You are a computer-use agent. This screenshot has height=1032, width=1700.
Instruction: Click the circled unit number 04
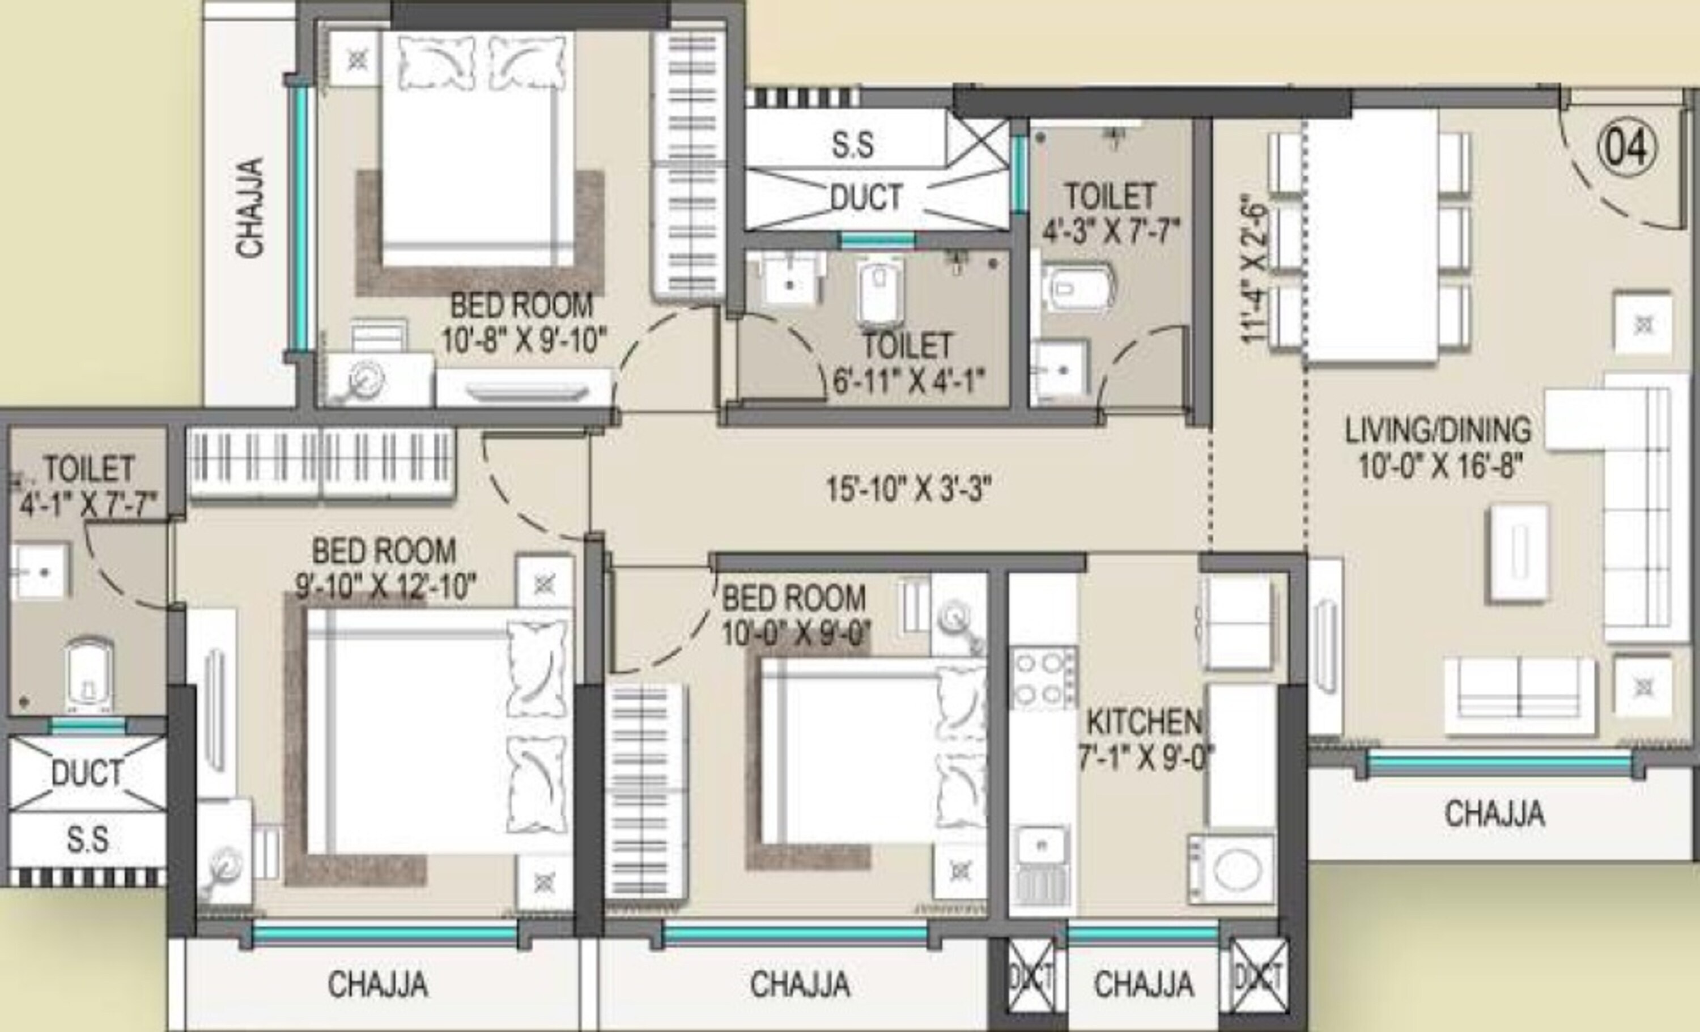1626,147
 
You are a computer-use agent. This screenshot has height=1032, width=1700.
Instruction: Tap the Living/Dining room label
1438,430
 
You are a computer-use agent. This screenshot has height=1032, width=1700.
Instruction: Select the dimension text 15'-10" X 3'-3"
908,489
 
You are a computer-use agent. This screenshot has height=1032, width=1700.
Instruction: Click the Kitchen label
1143,721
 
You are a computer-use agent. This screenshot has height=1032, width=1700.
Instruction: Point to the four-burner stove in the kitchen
1043,678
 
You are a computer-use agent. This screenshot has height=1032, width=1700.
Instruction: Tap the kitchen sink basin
1042,845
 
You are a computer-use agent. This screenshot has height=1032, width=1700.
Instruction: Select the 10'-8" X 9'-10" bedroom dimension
524,341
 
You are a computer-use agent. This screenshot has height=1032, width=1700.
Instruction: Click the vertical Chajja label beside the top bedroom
250,207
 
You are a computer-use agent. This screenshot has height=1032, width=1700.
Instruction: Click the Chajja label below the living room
1494,813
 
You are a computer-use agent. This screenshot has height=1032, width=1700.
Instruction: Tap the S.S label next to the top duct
853,144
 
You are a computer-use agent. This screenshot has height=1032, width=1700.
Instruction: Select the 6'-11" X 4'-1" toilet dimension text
908,380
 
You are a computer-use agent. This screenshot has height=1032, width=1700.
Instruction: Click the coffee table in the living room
1519,553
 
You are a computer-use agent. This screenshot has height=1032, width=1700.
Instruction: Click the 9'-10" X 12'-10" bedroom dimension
386,587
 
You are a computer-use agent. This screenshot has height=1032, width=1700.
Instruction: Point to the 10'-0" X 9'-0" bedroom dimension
796,633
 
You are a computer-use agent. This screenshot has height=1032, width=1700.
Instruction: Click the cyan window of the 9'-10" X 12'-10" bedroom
384,935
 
